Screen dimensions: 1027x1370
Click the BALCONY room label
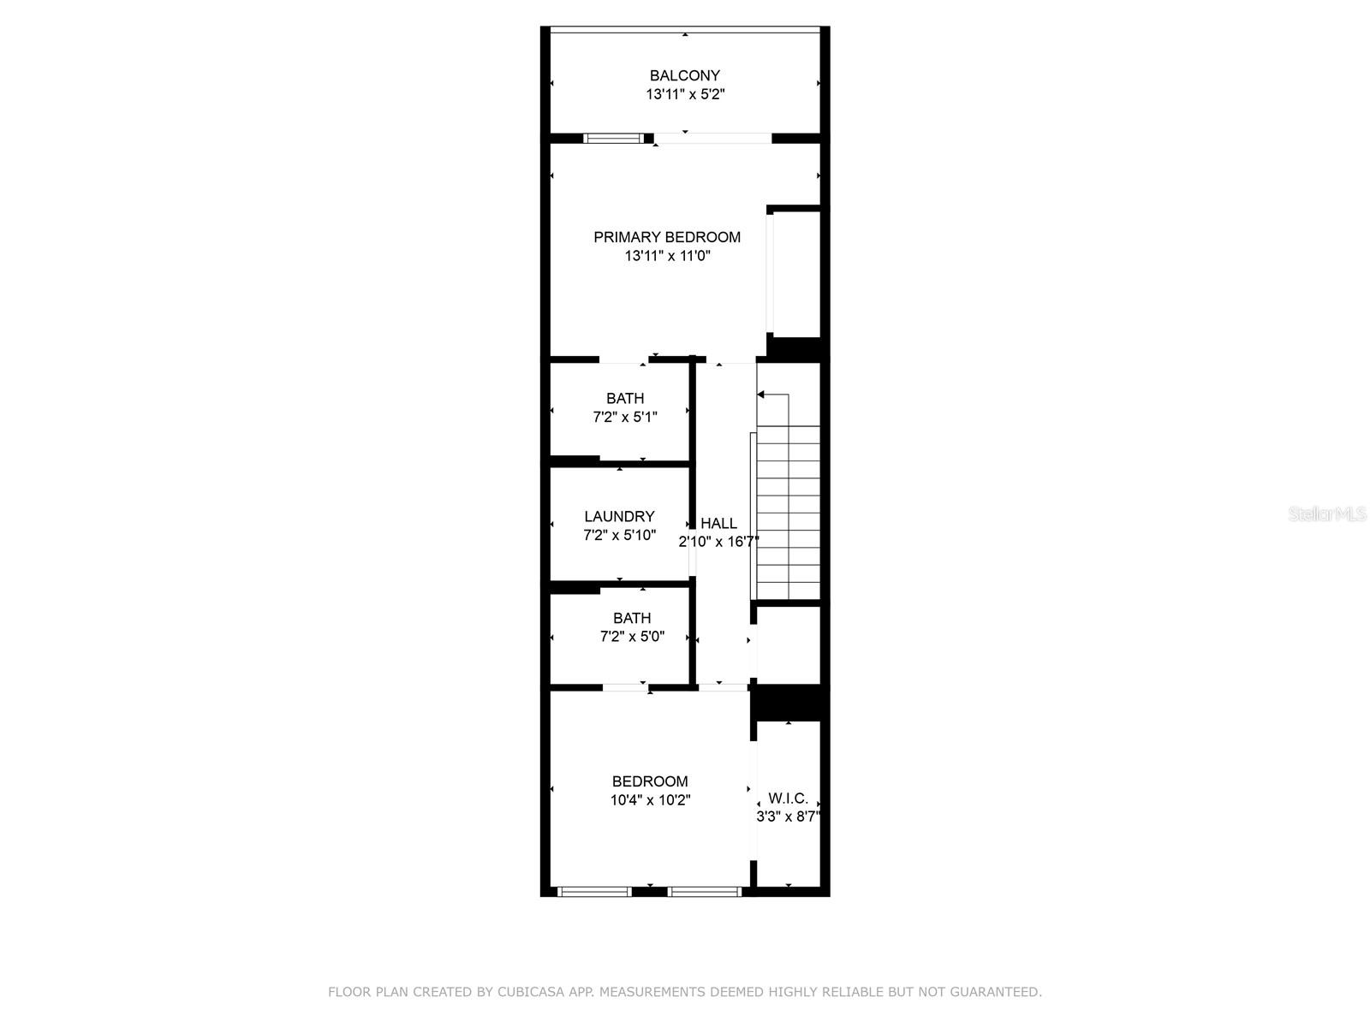pyautogui.click(x=684, y=75)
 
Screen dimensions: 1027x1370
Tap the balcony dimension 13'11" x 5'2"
pyautogui.click(x=685, y=95)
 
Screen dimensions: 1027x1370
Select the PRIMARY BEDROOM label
pyautogui.click(x=667, y=237)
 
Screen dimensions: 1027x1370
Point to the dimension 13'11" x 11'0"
pyautogui.click(x=667, y=256)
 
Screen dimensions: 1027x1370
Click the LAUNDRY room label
pyautogui.click(x=619, y=516)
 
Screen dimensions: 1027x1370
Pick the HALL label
pyautogui.click(x=718, y=523)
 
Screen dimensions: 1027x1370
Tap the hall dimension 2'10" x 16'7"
pyautogui.click(x=718, y=542)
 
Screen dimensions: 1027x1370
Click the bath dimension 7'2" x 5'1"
pyautogui.click(x=625, y=418)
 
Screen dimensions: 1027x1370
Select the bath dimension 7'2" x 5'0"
pyautogui.click(x=632, y=637)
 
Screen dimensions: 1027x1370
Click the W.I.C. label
pyautogui.click(x=788, y=798)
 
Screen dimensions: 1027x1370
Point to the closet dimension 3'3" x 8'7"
pyautogui.click(x=788, y=816)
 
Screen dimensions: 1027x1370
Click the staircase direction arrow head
pyautogui.click(x=761, y=395)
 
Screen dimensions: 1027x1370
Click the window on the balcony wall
pyautogui.click(x=613, y=138)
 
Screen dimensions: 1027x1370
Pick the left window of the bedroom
pyautogui.click(x=594, y=892)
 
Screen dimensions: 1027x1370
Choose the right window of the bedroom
pyautogui.click(x=704, y=892)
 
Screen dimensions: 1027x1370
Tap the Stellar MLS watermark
pyautogui.click(x=1327, y=514)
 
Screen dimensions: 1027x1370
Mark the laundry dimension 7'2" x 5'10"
pyautogui.click(x=619, y=535)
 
